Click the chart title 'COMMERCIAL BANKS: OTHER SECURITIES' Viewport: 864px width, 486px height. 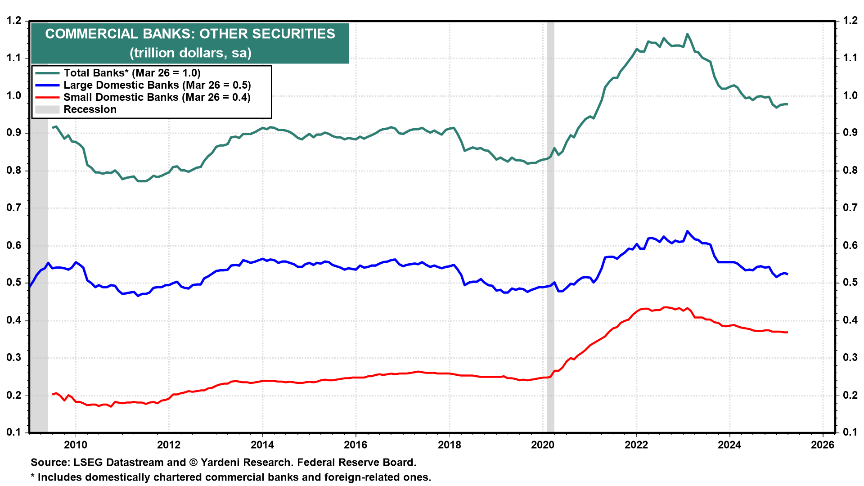[x=190, y=34]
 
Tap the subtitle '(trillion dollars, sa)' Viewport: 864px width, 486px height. [x=190, y=53]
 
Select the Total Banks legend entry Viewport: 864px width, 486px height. [x=132, y=73]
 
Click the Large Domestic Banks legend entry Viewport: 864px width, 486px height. [x=157, y=85]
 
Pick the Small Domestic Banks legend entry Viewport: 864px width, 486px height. [x=157, y=97]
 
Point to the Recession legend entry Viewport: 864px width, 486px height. [x=90, y=109]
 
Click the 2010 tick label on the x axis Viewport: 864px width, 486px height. [x=76, y=445]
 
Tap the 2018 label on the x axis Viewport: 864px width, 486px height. [x=450, y=445]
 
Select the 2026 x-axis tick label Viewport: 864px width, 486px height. [x=823, y=445]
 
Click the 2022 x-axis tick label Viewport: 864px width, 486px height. [x=636, y=445]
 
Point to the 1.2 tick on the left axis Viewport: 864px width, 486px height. [x=14, y=21]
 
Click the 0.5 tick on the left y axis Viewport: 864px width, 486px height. [x=14, y=283]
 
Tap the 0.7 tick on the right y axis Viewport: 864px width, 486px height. [x=850, y=207]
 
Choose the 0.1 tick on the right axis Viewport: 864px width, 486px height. [x=850, y=432]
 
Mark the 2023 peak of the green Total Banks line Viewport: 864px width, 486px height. [x=687, y=34]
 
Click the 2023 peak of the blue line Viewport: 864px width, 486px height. [x=687, y=231]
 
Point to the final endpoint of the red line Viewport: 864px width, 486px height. [x=787, y=333]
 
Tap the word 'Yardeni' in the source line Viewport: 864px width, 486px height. [x=219, y=463]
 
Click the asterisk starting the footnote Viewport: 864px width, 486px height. [x=33, y=477]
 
